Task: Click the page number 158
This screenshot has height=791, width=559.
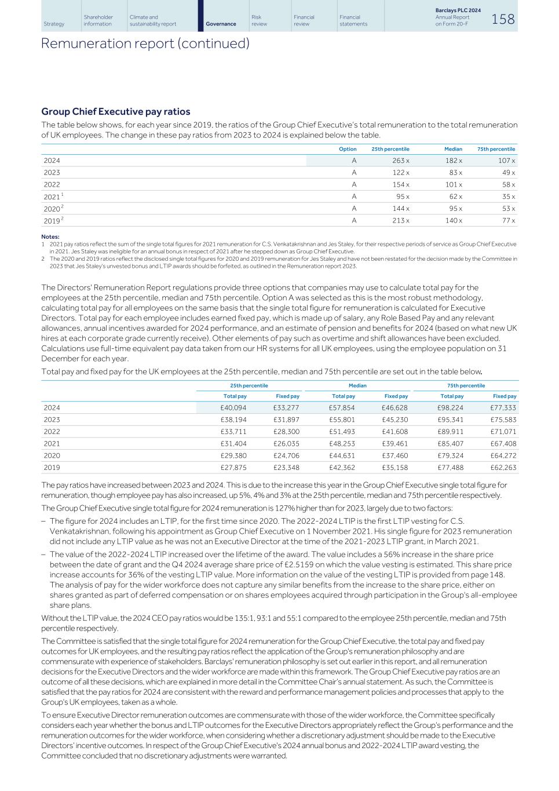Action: click(503, 19)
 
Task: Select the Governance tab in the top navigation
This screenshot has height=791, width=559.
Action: click(221, 24)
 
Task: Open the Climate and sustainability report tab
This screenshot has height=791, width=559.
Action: click(153, 21)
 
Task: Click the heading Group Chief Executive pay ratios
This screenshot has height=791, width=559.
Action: click(115, 111)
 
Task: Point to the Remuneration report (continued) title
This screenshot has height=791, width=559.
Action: click(145, 43)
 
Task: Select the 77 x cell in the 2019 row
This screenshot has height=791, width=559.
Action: click(508, 220)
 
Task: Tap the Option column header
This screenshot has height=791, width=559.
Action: click(348, 149)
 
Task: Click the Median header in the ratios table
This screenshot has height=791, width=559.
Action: click(453, 149)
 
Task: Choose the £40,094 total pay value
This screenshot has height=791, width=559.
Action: click(233, 408)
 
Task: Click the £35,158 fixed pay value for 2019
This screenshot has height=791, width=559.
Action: click(395, 468)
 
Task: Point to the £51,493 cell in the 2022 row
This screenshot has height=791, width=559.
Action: click(342, 432)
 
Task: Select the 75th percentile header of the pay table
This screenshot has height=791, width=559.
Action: click(466, 385)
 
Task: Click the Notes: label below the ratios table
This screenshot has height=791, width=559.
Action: click(50, 236)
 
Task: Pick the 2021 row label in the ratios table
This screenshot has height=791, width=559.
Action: click(52, 197)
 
